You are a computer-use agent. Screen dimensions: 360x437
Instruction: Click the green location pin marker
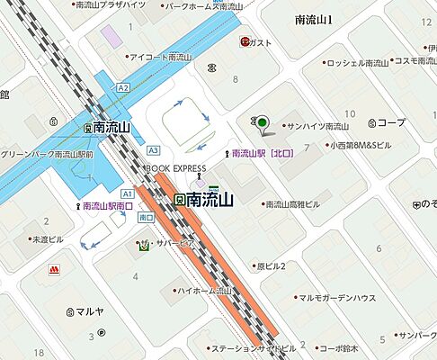point(262,124)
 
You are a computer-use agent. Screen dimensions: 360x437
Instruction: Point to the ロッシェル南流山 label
point(357,62)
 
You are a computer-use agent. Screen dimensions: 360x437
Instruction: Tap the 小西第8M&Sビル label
point(360,144)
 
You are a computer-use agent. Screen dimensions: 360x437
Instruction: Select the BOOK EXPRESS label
point(176,168)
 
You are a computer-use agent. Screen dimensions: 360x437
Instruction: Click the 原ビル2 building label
point(270,265)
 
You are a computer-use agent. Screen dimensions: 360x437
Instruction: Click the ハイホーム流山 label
point(210,291)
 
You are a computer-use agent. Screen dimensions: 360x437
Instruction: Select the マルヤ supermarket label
point(90,312)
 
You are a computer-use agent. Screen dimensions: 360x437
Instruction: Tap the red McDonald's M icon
point(55,268)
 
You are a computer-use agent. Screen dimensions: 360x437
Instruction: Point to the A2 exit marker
point(123,87)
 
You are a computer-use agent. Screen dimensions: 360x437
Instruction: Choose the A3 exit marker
point(153,150)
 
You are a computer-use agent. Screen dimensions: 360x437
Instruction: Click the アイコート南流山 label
point(161,58)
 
